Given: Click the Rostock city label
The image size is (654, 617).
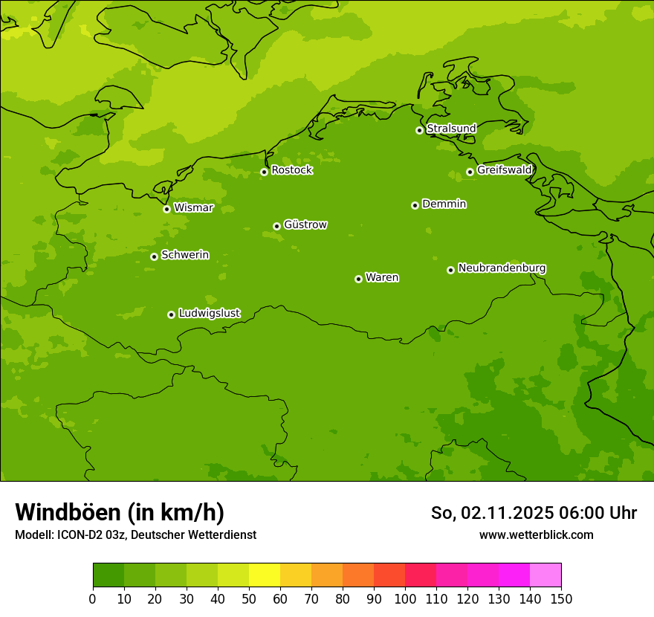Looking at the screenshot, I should [291, 170].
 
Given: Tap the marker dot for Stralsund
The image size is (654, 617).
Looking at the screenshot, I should [419, 130].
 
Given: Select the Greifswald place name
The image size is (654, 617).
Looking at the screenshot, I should [504, 170].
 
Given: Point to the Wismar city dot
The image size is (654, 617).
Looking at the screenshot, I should [166, 209].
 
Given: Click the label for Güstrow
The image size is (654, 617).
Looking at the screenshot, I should [305, 224].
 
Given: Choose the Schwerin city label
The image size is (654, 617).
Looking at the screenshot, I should [185, 255].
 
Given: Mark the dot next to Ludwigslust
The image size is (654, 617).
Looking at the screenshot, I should [171, 314].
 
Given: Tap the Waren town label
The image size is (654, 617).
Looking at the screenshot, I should [382, 278].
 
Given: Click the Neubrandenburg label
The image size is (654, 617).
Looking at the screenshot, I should [502, 268].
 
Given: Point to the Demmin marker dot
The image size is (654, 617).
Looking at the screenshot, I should [415, 205].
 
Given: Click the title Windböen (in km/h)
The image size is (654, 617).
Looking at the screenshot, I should [120, 512].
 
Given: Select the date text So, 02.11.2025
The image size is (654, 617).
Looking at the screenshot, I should [492, 513].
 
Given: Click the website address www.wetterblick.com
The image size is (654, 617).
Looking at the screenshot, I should [536, 534].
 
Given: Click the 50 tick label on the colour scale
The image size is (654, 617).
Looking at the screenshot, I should [249, 598].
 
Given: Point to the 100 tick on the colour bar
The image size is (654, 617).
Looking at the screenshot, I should [405, 598].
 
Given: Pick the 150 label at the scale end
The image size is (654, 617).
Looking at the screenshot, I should [561, 598].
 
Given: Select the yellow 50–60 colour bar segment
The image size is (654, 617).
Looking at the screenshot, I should [265, 575].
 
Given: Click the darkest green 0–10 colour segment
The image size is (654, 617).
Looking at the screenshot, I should [109, 575].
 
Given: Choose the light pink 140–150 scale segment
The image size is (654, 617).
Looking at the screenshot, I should [545, 575].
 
